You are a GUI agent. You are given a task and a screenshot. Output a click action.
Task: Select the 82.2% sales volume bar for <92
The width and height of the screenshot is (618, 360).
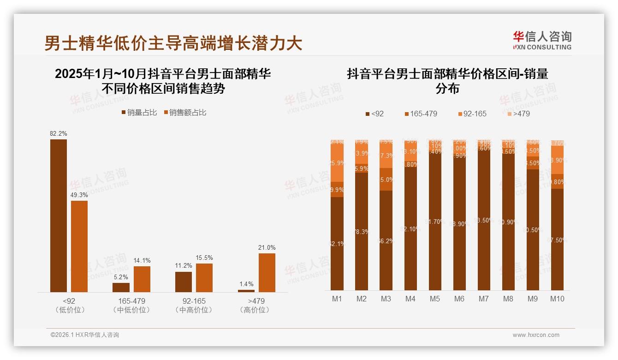click(59, 216)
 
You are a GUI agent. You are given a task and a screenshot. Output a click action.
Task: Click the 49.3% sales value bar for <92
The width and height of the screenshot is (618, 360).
click(79, 246)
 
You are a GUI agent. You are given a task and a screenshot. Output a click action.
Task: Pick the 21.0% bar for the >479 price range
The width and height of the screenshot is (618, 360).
click(267, 272)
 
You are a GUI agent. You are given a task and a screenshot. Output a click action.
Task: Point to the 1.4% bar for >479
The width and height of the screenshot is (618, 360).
click(246, 291)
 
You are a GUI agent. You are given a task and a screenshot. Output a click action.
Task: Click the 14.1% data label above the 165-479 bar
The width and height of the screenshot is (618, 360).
click(142, 260)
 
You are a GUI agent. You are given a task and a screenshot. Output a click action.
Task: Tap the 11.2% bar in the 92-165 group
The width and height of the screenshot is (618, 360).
click(184, 282)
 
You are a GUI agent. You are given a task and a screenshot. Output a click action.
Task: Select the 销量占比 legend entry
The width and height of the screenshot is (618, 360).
click(139, 113)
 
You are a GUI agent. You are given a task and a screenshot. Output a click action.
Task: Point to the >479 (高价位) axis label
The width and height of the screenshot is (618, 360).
click(255, 306)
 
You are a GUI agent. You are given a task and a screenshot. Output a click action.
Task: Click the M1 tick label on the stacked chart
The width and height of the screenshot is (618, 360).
click(337, 299)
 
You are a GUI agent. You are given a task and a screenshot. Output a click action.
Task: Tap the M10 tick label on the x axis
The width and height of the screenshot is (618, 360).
click(557, 299)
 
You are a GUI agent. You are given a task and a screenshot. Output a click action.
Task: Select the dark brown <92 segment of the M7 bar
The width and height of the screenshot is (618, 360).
click(484, 221)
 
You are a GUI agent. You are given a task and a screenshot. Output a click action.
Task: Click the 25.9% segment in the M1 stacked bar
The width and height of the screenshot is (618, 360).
click(337, 163)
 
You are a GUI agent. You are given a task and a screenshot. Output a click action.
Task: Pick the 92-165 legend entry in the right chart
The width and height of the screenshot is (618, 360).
click(472, 114)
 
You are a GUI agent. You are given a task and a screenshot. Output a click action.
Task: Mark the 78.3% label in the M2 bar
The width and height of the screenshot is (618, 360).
click(362, 232)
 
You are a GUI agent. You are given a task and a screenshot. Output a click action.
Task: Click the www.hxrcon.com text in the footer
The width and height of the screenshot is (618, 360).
click(535, 335)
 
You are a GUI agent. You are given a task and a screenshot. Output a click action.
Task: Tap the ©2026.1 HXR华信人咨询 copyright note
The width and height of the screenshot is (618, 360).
click(85, 335)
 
